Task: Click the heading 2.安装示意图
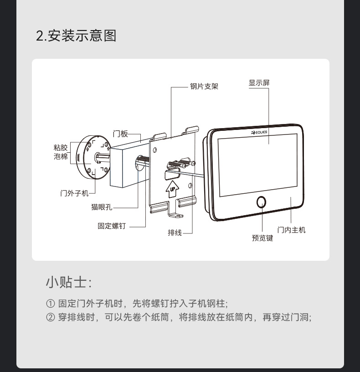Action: point(76,36)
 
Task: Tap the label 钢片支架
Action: point(204,86)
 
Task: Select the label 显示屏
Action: point(259,83)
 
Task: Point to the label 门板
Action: point(120,134)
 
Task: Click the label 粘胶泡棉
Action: point(61,152)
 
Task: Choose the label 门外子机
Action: point(74,193)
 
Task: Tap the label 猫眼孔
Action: point(102,207)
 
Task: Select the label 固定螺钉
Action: point(112,226)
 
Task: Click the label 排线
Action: point(175,232)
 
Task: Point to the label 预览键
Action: point(262,238)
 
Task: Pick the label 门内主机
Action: point(291,230)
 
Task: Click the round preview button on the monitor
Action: point(262,202)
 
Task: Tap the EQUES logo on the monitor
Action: point(259,132)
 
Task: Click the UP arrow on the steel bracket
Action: point(172,189)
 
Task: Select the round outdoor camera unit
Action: point(94,158)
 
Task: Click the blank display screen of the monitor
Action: point(258,165)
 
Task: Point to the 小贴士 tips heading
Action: point(69,282)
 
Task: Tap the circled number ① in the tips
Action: point(50,304)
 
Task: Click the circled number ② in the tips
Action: point(50,317)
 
